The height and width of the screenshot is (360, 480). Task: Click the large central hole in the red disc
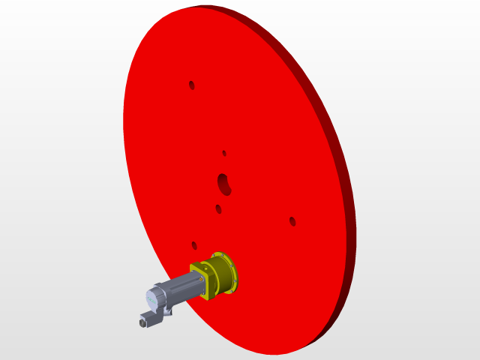223,182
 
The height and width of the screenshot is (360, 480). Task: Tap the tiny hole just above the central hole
224,153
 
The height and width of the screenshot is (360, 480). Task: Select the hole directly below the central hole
218,209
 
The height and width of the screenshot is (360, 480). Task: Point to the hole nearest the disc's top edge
191,85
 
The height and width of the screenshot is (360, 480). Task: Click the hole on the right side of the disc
292,221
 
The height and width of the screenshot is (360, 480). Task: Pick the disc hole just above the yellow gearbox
194,245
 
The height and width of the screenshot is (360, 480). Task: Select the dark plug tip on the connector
142,323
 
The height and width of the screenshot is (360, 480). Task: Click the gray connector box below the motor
151,319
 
